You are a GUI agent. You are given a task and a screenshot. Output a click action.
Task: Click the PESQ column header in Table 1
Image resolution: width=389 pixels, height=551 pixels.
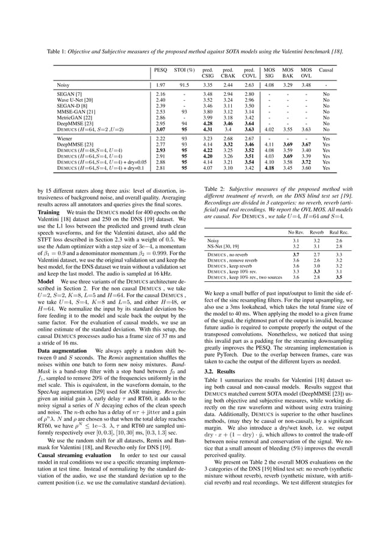[x=160, y=71]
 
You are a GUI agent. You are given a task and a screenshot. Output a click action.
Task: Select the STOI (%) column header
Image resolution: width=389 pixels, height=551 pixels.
[x=184, y=71]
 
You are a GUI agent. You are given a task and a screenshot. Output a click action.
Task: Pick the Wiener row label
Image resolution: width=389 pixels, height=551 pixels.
[x=63, y=139]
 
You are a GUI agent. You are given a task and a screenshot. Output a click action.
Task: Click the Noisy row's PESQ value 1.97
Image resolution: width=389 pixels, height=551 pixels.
[x=160, y=85]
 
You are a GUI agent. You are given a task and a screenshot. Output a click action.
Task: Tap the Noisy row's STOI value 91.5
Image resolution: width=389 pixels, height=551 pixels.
[x=184, y=85]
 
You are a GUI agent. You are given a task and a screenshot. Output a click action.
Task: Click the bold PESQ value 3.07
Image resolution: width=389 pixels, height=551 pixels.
[x=160, y=129]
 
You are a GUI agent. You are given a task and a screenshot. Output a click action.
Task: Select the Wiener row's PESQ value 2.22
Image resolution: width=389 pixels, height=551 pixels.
[x=160, y=139]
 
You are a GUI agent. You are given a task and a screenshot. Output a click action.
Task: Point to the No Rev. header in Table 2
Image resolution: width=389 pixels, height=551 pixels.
[x=296, y=232]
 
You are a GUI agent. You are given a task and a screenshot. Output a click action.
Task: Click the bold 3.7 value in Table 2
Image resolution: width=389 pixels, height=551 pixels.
[x=296, y=254]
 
